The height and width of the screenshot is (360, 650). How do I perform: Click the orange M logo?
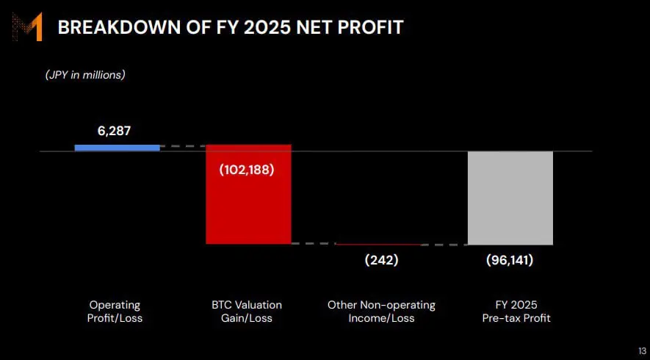(27, 27)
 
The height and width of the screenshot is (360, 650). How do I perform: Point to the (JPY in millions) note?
(85, 75)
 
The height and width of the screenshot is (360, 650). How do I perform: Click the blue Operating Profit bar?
(118, 148)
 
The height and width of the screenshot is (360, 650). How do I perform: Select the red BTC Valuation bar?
(249, 194)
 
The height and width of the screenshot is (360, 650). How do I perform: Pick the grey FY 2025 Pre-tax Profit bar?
(510, 198)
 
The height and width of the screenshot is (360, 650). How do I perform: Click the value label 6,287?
(114, 131)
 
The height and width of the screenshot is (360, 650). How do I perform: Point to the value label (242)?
(381, 261)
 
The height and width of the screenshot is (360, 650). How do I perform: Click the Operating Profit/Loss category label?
(115, 312)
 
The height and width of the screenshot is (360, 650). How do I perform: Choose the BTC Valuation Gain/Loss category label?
(247, 312)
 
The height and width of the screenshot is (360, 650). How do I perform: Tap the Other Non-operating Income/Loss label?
(381, 312)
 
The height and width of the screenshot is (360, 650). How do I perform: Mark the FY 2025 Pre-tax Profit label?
(516, 312)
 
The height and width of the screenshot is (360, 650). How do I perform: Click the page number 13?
(643, 349)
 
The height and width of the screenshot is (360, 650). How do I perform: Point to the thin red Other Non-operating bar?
(379, 245)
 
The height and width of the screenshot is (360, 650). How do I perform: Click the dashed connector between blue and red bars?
(183, 146)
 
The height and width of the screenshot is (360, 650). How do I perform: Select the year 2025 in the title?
(261, 27)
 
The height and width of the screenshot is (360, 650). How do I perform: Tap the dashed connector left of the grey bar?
(444, 245)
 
